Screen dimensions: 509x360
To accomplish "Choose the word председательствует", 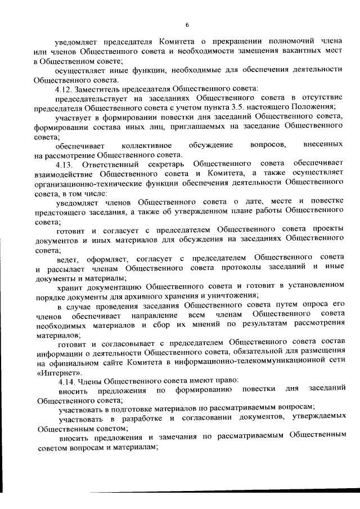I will tap(93, 97).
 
